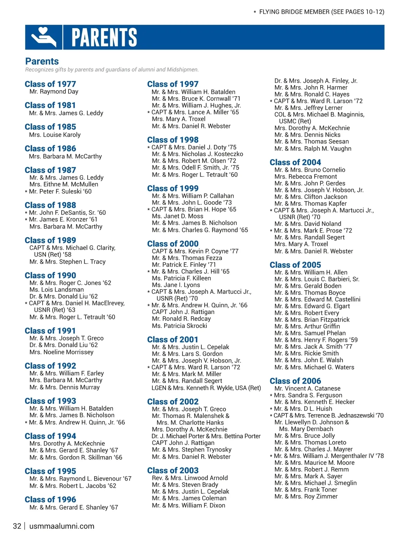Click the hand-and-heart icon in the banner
pos(44,37)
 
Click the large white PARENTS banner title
pos(104,37)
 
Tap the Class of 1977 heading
pos(50,84)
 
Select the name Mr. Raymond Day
pos(54,92)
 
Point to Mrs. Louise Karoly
pos(55,135)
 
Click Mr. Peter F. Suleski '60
pos(60,191)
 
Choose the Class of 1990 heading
pos(50,275)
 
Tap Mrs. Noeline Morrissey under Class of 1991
pos(62,352)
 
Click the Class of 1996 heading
pos(50,500)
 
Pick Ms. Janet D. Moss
pos(177,216)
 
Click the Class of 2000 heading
pos(173,244)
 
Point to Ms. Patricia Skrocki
pos(179,326)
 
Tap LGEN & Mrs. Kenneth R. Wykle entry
pos(206,388)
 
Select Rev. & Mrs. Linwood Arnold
pos(190,478)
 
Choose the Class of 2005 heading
pos(295,265)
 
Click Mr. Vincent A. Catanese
pos(307,389)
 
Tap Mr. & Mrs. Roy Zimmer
pos(306,496)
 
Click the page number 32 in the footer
pos(17,526)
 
